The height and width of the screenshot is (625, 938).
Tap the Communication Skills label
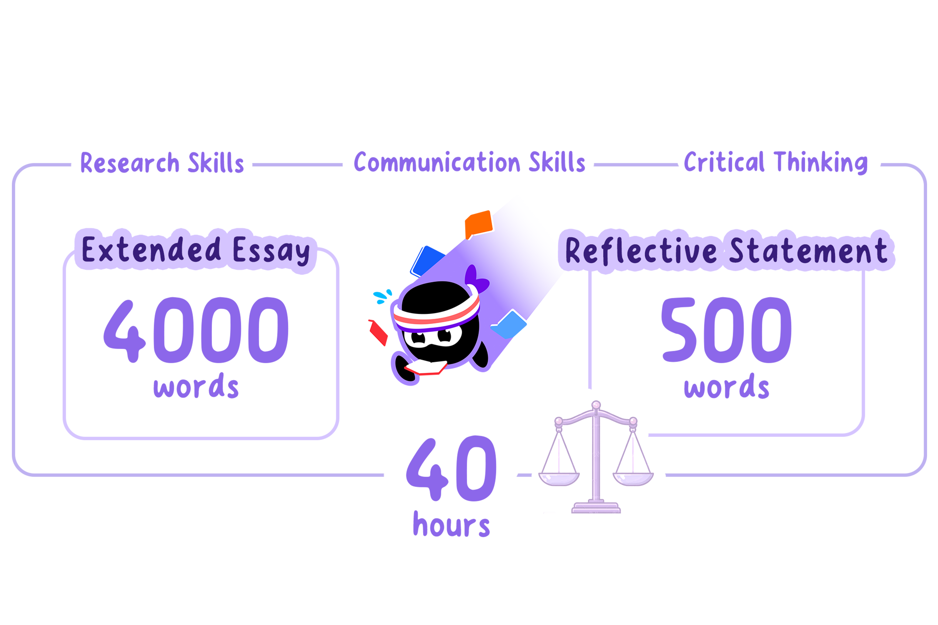469,162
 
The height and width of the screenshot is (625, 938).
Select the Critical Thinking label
776,162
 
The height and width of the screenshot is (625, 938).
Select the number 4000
196,330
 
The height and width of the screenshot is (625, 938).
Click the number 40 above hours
451,469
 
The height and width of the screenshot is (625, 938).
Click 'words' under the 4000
196,386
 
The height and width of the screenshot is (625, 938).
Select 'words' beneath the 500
727,386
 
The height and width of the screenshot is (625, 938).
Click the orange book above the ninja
479,224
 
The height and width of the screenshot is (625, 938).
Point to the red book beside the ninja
378,332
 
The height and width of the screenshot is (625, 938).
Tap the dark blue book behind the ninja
427,261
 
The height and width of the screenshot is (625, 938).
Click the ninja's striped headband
437,315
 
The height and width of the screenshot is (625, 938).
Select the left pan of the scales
559,479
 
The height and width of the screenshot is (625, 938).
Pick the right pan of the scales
633,479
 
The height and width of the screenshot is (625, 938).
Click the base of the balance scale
596,507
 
